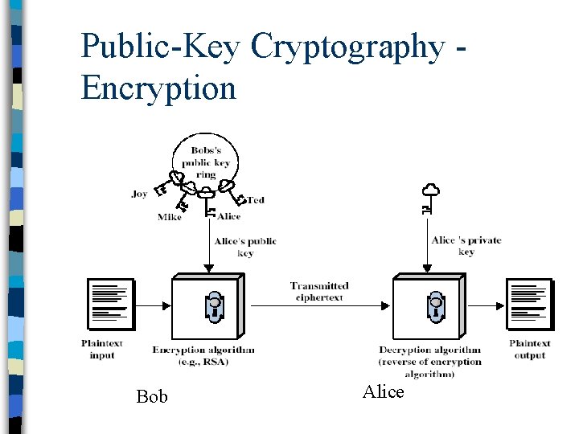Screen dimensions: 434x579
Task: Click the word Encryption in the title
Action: coord(158,88)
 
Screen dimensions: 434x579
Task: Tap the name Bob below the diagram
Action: coord(152,396)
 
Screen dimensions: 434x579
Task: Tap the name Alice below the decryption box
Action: coord(383,391)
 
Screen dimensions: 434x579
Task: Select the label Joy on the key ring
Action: coord(139,194)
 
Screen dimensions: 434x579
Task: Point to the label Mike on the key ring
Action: coord(170,217)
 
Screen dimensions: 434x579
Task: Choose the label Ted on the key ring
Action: coord(255,199)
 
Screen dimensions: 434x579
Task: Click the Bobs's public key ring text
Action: coord(206,162)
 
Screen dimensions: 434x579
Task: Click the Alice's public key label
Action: coord(245,247)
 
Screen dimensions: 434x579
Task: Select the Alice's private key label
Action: coord(466,245)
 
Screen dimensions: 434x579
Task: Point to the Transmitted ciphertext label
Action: coord(319,291)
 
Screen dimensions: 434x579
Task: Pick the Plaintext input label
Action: coord(102,349)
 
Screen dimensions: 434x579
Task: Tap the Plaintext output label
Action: coord(530,349)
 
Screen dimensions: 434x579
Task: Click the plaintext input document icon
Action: coord(109,305)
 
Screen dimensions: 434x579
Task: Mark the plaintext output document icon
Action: coord(529,305)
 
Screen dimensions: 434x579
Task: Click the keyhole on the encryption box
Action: coord(214,306)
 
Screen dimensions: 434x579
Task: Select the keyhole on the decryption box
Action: coord(435,306)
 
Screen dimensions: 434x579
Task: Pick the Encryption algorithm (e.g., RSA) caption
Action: coord(203,355)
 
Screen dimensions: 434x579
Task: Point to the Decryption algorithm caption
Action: coord(429,361)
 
